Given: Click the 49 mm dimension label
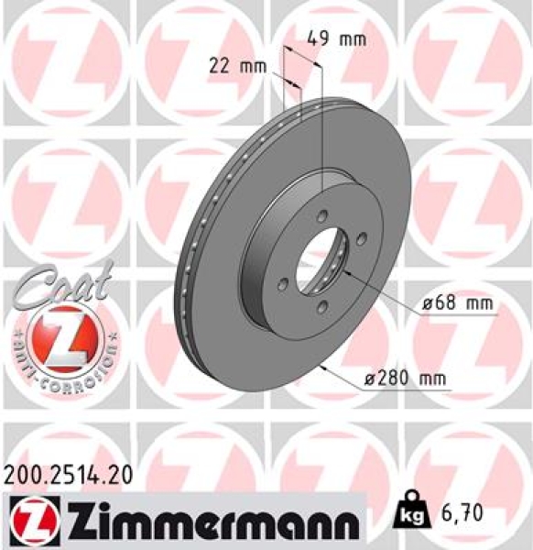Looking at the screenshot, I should pos(335,38).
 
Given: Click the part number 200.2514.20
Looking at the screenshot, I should pos(68,474).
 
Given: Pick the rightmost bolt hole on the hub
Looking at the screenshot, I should pos(362,239).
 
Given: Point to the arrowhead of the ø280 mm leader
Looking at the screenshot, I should pos(326,368).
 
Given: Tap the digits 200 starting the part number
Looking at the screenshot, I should pos(22,474).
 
